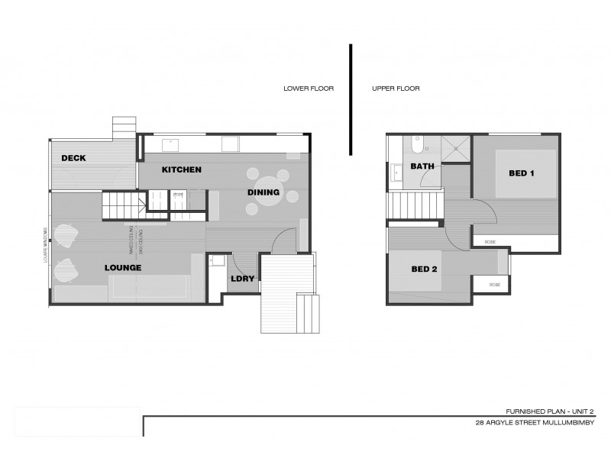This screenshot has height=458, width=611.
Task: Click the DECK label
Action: tap(74, 158)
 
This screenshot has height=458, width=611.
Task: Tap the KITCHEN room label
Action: tap(182, 169)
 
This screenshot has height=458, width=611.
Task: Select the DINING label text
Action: tap(263, 192)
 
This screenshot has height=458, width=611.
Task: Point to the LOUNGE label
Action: tap(124, 268)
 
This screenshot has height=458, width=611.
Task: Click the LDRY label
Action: tap(242, 279)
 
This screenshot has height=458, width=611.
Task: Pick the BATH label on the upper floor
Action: tap(422, 166)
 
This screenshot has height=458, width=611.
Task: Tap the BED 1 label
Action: tap(521, 173)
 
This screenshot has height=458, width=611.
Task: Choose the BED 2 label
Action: tap(424, 269)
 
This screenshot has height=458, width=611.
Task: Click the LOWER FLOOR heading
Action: tap(309, 89)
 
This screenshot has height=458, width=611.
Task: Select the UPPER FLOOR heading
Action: tap(396, 89)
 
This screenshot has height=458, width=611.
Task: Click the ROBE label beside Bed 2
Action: tap(495, 285)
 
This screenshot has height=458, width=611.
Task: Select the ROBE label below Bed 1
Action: tap(490, 242)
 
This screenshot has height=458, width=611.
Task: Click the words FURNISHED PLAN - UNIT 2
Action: tap(550, 410)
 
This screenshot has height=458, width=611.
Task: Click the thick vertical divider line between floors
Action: tap(351, 99)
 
